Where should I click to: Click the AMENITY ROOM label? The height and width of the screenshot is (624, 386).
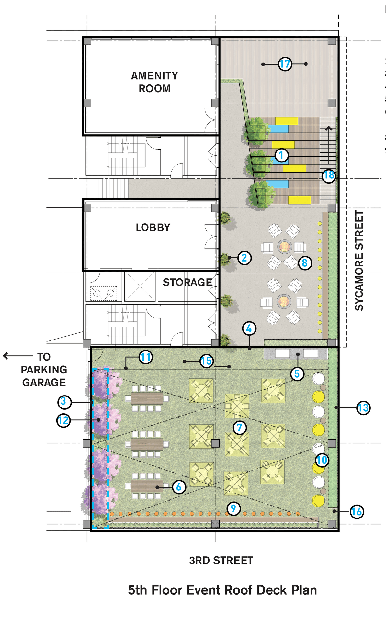154,82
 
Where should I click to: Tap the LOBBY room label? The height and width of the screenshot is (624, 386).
153,228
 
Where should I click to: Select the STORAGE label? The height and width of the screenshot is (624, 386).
187,283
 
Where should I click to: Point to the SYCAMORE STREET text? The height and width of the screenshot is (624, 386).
359,261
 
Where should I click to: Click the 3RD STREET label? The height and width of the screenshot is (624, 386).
221,561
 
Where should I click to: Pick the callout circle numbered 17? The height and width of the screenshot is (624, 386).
285,64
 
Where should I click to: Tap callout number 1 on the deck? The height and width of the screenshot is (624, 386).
281,155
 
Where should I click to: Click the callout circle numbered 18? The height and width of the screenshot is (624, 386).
329,175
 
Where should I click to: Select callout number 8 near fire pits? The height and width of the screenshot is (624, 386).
305,263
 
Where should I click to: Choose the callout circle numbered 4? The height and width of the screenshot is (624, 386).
249,329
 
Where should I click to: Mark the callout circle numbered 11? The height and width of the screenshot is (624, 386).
146,357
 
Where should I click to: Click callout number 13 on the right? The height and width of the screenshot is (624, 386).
363,408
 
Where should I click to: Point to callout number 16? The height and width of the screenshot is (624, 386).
357,512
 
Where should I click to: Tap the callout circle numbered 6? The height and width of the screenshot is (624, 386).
179,487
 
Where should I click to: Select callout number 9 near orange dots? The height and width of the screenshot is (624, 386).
233,508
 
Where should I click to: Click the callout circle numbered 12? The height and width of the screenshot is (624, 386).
63,420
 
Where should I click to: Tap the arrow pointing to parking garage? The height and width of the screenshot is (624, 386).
18,356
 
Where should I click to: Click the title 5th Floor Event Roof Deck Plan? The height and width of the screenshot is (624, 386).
222,590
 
